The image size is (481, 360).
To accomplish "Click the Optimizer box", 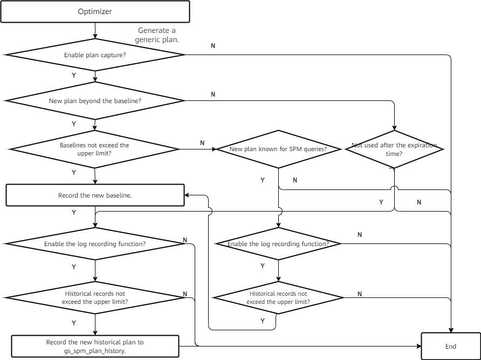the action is point(95,12).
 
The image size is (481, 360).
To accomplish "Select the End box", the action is point(451,346).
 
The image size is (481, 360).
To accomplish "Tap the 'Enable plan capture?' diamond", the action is point(95,55).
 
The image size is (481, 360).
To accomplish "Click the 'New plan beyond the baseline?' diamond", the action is point(95,101).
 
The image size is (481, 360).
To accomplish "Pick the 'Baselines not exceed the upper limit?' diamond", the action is point(94,150).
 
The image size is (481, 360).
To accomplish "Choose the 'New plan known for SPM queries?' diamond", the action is point(279,150).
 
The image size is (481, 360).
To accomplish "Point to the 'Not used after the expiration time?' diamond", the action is point(394,150).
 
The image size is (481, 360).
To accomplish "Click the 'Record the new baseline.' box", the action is point(95,195).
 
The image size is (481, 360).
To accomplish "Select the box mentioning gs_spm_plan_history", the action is point(95,346).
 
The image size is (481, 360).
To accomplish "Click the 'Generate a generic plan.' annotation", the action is point(157,35).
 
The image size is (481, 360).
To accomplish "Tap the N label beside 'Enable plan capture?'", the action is point(213,46).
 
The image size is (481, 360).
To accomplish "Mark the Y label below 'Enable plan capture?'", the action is point(74,75).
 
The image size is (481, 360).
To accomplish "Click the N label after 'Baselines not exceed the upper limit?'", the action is point(202,143).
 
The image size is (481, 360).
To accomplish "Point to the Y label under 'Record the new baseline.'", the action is point(74,212).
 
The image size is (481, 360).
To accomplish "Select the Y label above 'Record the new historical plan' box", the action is point(74,323).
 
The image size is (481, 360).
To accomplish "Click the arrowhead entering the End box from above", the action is point(451,330).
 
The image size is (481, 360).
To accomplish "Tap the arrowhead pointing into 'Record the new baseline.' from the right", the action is point(187,195).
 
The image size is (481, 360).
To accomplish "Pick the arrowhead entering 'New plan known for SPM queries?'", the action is point(214,150).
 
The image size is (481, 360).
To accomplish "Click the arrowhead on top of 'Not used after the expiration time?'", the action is point(394,128).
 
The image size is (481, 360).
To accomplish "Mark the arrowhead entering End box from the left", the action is point(419,346).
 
